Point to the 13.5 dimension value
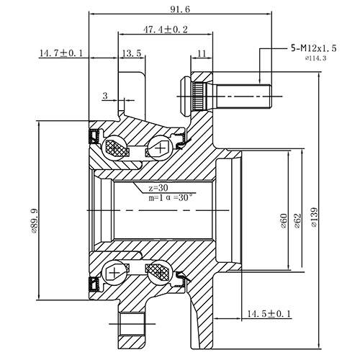(x=131, y=53)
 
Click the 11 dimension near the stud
(x=200, y=53)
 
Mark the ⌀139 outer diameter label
(x=314, y=217)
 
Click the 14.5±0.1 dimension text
(x=269, y=315)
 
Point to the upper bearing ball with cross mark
(x=158, y=150)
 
